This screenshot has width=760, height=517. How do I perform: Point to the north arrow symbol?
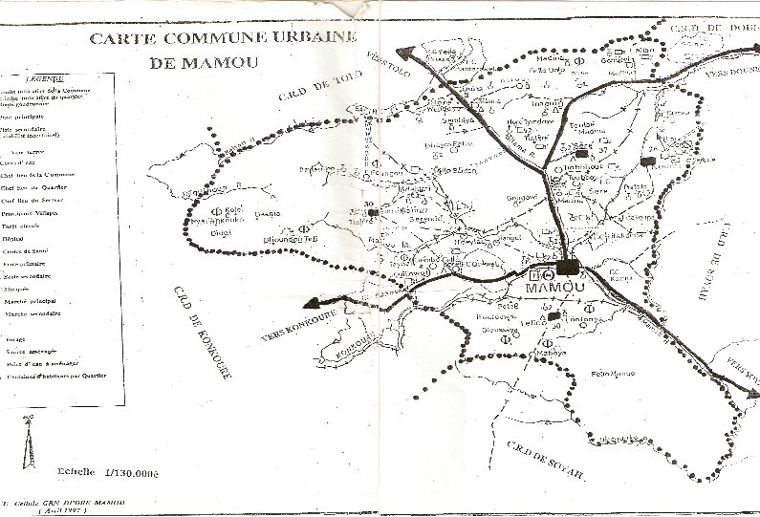tap(28, 441)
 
